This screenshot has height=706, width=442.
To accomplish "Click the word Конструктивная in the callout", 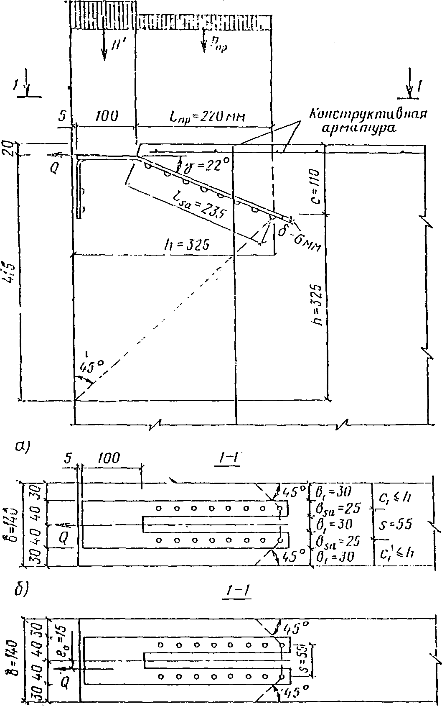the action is [x=368, y=114].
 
